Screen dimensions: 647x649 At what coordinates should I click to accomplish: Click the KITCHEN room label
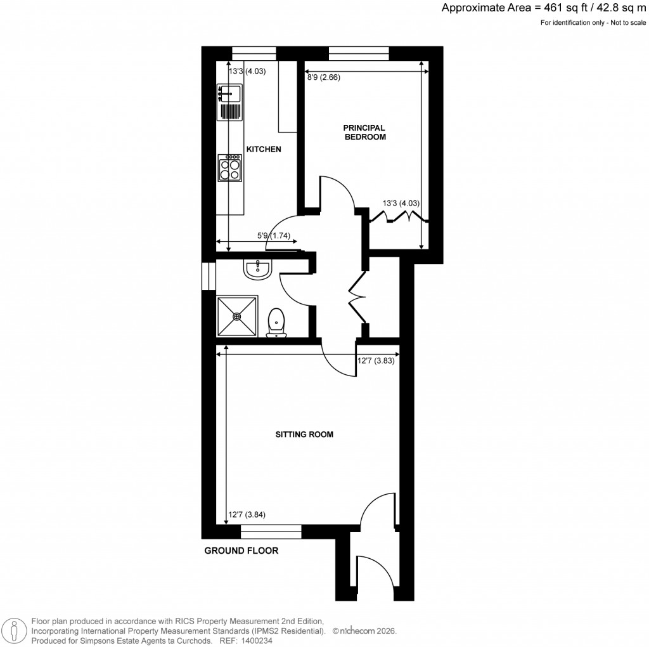pos(263,150)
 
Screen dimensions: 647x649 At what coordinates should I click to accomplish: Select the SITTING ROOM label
pos(304,435)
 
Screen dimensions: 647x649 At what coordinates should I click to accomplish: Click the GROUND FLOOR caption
pos(241,551)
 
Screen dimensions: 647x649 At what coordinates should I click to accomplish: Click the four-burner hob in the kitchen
pos(229,167)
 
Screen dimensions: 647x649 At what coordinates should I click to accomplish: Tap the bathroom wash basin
pos(257,269)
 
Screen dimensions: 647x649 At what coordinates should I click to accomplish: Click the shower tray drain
pos(237,316)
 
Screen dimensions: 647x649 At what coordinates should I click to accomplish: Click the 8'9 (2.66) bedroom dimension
pos(324,78)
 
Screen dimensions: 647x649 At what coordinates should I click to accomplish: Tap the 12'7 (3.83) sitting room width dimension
pos(376,361)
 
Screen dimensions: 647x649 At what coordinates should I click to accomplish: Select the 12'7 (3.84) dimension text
pos(246,515)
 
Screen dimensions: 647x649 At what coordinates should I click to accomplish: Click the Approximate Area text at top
pos(544,8)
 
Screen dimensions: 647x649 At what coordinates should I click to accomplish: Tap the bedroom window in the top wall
pos(359,54)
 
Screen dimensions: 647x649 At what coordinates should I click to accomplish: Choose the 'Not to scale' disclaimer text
pos(624,23)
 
